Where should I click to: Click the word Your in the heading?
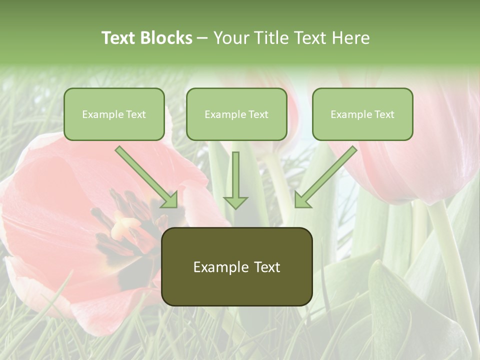(230, 38)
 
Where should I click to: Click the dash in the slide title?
(203, 38)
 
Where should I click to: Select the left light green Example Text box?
(114, 114)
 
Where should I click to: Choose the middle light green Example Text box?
(236, 114)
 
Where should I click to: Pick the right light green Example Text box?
(362, 114)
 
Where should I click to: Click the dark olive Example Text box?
(236, 267)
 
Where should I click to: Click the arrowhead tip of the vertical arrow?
(235, 207)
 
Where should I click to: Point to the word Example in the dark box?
(219, 267)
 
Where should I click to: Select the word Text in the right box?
(384, 114)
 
